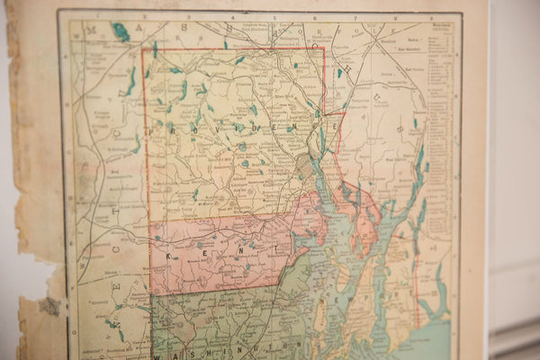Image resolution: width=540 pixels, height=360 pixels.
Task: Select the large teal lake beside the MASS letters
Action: (120, 32)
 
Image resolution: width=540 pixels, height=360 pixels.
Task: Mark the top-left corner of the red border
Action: (143, 49)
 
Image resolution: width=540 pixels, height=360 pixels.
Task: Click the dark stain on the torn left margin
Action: (49, 306)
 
